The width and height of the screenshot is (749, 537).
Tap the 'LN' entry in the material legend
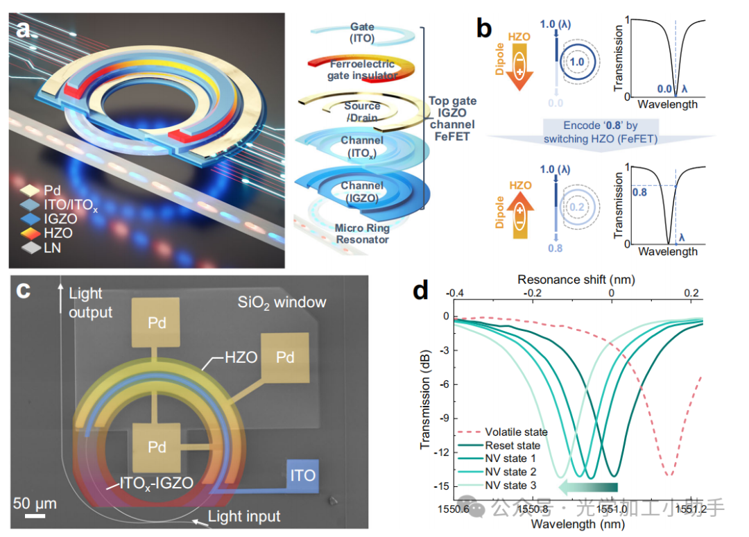(x=52, y=248)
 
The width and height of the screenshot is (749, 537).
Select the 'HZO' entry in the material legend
(x=56, y=233)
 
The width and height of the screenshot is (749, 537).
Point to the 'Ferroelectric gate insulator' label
(x=362, y=69)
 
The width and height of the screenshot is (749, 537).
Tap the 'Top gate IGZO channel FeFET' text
(x=451, y=119)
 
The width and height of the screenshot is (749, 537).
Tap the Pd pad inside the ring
(x=157, y=447)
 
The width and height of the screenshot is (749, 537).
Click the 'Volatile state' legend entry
(x=516, y=432)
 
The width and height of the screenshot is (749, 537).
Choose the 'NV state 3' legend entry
(x=511, y=485)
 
